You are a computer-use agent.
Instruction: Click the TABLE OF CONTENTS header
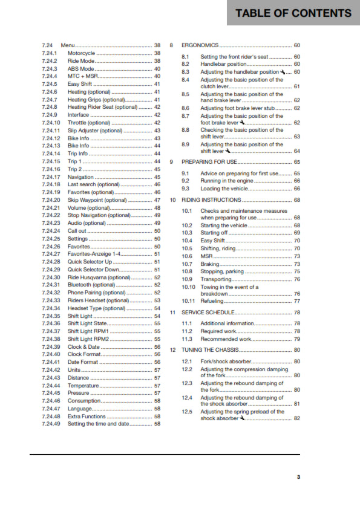point(293,13)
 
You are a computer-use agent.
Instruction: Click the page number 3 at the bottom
point(298,477)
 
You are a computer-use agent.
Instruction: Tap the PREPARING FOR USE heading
point(209,162)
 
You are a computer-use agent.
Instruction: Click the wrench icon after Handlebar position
point(282,72)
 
